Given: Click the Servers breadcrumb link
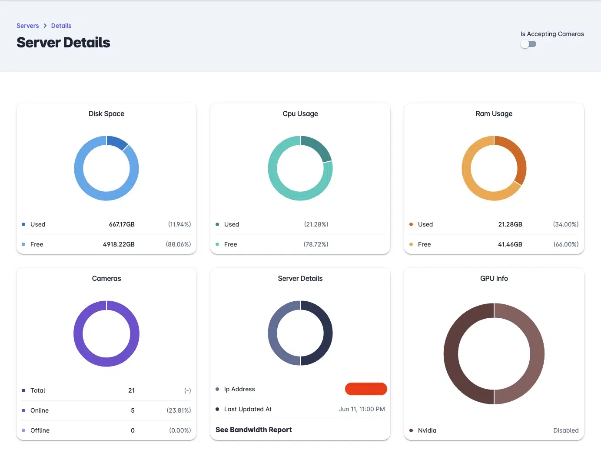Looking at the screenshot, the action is (x=28, y=26).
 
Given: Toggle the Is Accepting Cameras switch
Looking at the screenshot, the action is (x=528, y=44).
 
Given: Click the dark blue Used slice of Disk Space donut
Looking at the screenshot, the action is (x=117, y=142).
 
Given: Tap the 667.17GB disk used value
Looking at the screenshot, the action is (x=122, y=224).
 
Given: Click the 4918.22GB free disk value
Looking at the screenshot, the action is (x=119, y=244).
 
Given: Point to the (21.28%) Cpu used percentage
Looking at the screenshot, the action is (x=316, y=224).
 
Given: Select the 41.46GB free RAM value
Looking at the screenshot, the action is (x=510, y=244).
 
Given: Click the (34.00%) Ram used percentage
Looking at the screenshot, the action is (x=566, y=224).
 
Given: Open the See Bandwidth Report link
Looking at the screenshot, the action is (x=254, y=430).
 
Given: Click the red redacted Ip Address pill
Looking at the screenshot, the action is (x=366, y=389).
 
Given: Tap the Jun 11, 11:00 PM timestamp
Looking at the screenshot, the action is (x=362, y=409).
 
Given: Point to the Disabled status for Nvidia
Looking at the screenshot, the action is (x=566, y=430).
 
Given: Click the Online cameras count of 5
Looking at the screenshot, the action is (x=133, y=410).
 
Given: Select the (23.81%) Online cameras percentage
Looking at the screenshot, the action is (x=179, y=410).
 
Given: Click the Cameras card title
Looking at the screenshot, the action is (x=106, y=279).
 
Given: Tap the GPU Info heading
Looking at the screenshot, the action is (x=494, y=279).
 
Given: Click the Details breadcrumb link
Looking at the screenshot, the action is (x=61, y=26).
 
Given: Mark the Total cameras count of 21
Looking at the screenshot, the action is (x=131, y=390).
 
